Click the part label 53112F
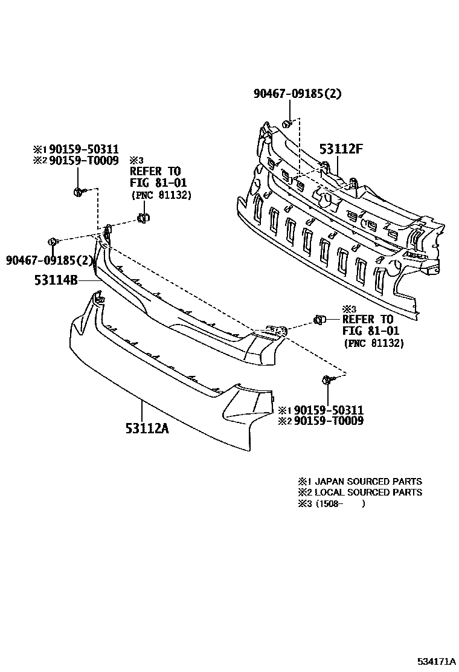click(341, 149)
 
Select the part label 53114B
click(56, 280)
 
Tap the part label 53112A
click(147, 428)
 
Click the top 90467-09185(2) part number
click(298, 94)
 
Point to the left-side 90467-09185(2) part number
click(50, 260)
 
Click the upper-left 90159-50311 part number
click(84, 149)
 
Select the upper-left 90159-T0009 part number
click(84, 161)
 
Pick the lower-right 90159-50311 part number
click(329, 410)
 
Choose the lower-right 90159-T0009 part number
click(329, 421)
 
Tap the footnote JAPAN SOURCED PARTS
click(368, 481)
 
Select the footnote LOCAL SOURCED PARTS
click(368, 493)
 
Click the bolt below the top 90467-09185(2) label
click(287, 124)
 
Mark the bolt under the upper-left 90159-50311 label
click(80, 192)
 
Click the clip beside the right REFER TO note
click(320, 320)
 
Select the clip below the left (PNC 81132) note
click(143, 218)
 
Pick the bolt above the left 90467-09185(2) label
click(53, 241)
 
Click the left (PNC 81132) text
click(161, 195)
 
